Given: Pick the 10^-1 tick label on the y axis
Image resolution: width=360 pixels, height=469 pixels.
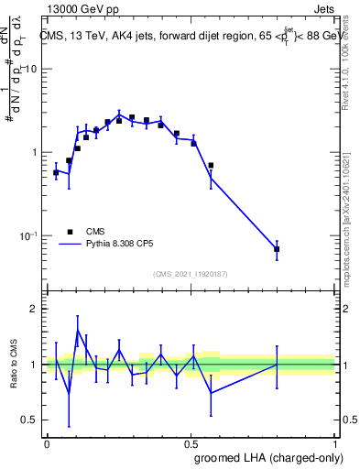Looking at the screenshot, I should click(27, 235).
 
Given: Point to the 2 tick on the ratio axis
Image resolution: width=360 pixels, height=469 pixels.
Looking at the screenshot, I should click(35, 309).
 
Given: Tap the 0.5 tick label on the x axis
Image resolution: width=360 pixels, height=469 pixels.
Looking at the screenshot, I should click(191, 443).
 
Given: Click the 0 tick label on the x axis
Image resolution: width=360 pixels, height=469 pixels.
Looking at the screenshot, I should click(46, 443).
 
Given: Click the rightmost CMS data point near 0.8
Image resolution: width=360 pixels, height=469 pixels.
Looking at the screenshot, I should click(277, 249).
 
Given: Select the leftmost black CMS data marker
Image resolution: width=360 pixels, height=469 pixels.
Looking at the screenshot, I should click(56, 172).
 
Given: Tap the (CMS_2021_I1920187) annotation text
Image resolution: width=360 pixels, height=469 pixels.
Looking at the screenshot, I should click(190, 274).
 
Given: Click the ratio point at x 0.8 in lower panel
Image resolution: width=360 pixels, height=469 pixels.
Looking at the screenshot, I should click(277, 365).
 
